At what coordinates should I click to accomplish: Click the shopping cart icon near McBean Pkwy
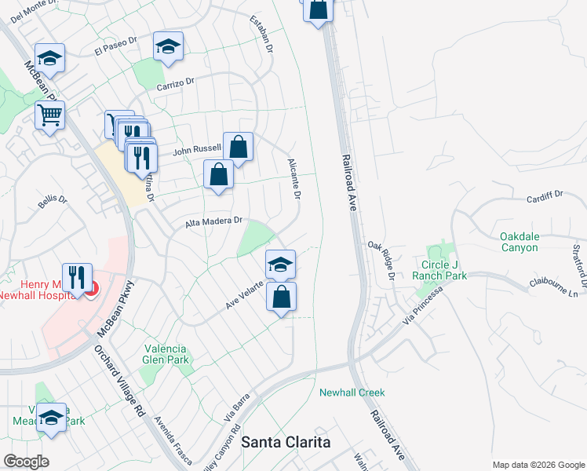49,115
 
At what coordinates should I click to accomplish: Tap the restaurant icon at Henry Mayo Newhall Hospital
77,278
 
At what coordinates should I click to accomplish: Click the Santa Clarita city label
286,442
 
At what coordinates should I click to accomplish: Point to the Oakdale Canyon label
530,242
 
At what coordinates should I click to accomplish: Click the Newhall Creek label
352,392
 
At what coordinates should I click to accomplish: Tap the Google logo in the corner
25,462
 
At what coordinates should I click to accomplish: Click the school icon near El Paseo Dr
168,46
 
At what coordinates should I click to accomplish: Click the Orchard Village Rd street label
119,380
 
